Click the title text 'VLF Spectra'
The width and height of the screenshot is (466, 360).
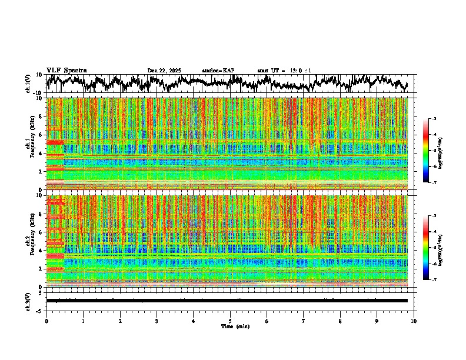click(66, 70)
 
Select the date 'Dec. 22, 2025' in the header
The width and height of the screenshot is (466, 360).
click(164, 71)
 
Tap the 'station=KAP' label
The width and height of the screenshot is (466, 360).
click(218, 71)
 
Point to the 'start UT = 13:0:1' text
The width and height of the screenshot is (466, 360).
click(284, 71)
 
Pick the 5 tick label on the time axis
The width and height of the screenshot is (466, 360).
click(230, 321)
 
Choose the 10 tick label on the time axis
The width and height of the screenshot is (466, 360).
click(414, 321)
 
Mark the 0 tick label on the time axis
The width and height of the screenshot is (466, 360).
click(46, 321)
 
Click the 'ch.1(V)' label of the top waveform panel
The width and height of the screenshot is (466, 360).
click(28, 84)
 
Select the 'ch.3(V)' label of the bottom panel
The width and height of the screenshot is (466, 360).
click(28, 301)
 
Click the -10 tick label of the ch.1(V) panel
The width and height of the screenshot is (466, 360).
click(38, 93)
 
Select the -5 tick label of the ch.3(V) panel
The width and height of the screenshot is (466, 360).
click(39, 309)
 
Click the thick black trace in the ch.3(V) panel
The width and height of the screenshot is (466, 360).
click(229, 301)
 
